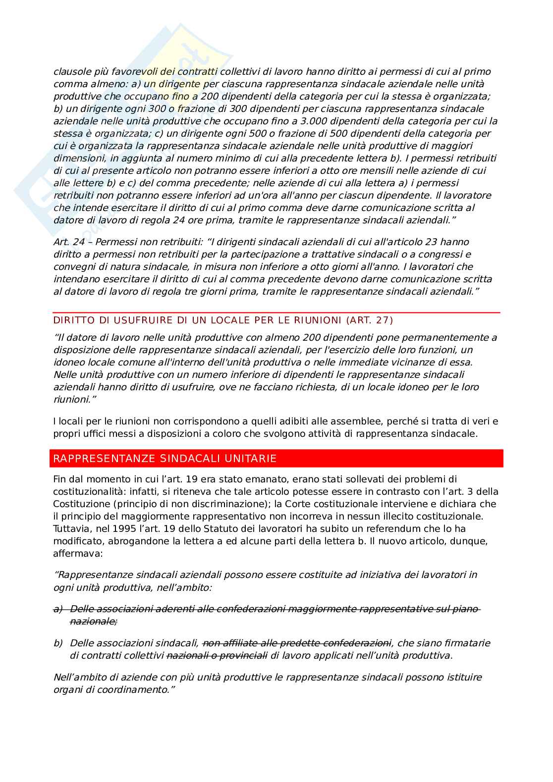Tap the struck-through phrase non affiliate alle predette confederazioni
[297, 643]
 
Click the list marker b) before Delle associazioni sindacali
[58, 643]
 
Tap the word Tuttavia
[70, 528]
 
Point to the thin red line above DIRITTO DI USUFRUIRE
[276, 313]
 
